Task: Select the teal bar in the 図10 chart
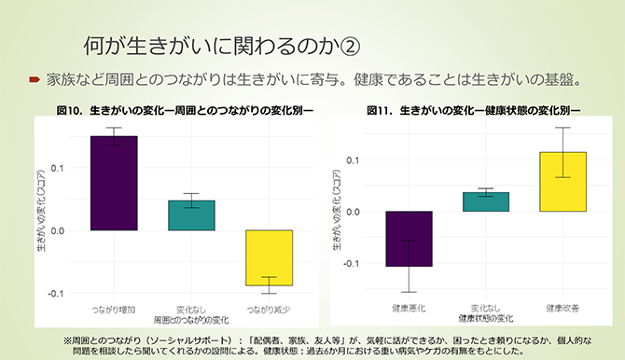tap(191, 215)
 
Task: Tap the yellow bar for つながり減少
tap(269, 257)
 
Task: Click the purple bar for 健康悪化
tap(410, 239)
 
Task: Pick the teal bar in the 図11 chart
tap(486, 201)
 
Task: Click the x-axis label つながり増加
tap(114, 309)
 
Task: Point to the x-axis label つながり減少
tap(269, 309)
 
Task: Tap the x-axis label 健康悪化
tap(410, 307)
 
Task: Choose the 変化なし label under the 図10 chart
tap(191, 309)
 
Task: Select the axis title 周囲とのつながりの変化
tap(191, 319)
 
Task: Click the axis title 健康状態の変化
tap(486, 317)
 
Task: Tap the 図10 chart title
tap(185, 110)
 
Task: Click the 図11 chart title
tap(474, 110)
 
